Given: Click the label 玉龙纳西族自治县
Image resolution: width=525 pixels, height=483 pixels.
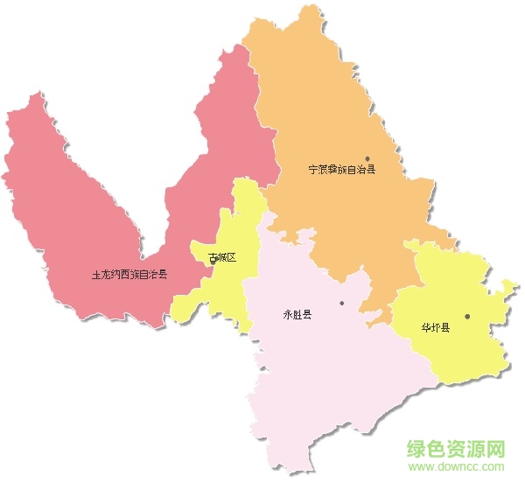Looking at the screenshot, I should [129, 274].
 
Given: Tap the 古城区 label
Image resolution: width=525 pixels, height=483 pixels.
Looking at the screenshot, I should [222, 258].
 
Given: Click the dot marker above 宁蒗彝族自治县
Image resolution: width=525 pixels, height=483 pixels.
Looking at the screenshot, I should [367, 159].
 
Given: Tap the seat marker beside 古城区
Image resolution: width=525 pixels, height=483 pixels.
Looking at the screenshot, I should [213, 260].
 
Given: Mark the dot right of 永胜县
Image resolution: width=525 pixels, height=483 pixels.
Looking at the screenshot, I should [342, 304].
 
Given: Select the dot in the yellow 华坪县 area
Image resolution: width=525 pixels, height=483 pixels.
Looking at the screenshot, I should [467, 317].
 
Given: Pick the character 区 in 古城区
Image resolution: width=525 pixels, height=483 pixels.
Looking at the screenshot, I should [232, 258].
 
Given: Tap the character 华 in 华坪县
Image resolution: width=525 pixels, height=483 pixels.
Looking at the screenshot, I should [425, 328].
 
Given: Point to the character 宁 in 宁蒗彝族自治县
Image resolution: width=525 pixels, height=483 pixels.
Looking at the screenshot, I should [312, 171].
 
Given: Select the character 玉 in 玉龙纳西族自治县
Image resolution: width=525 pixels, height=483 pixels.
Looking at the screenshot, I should [95, 274].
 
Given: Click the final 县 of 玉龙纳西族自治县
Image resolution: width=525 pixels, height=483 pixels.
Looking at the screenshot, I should [163, 274].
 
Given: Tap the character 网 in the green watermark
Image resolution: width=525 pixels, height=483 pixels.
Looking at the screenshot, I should [498, 449].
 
